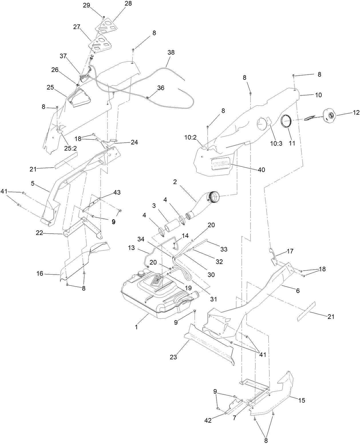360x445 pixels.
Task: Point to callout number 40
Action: click(x=261, y=170)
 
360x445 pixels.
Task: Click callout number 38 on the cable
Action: click(x=171, y=53)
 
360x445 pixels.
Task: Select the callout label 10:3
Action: click(x=276, y=144)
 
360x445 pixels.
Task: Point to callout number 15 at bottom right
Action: click(x=302, y=400)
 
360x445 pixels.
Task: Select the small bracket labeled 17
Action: click(x=274, y=256)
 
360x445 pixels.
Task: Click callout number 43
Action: click(x=117, y=193)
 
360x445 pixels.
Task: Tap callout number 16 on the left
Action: click(x=40, y=274)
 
